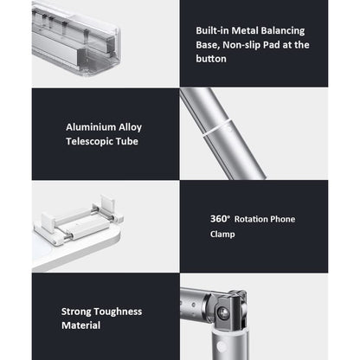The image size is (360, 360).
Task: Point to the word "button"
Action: coord(211,59)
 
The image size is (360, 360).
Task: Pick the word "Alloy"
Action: coord(131,128)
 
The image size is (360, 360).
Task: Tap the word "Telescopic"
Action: coord(89,142)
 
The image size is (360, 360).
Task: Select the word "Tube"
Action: coord(127,141)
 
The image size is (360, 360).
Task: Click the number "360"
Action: coord(218,219)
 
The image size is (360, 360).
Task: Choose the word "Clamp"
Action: coord(222,235)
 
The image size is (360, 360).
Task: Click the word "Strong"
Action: coord(76,312)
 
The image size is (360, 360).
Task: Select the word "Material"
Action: coord(81,325)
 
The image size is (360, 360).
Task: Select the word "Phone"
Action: coord(281,219)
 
